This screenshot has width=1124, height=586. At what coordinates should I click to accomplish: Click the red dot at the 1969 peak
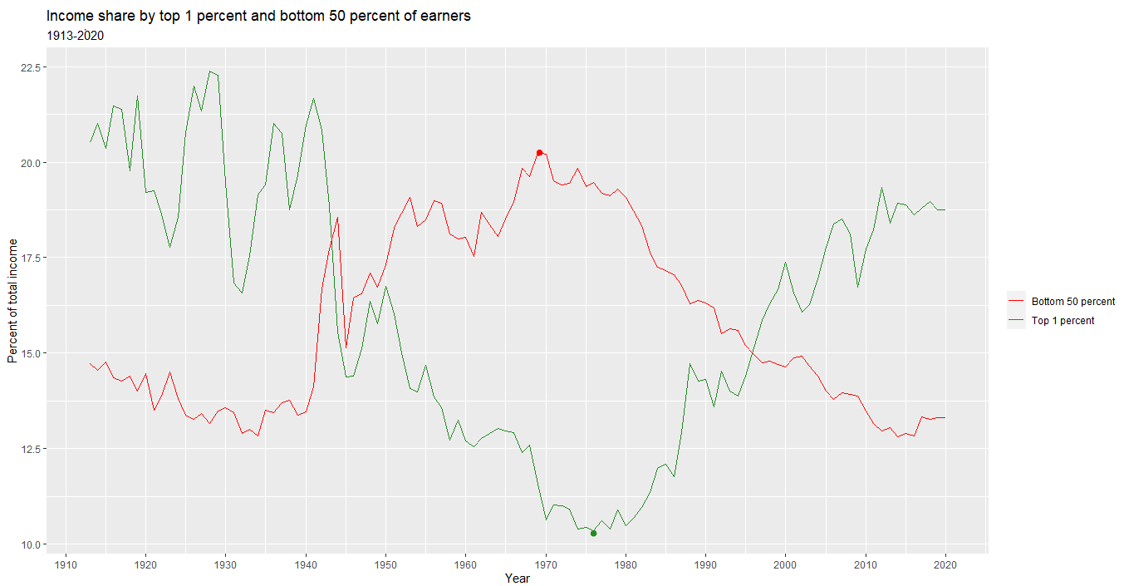(539, 153)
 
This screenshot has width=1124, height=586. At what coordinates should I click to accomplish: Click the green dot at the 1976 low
(594, 534)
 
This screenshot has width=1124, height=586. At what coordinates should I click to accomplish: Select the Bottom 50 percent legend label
(1072, 302)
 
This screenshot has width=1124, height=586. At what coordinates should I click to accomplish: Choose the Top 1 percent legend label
(1063, 321)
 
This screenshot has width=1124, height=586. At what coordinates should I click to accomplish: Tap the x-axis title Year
(517, 579)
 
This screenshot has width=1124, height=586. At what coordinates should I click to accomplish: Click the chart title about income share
(258, 17)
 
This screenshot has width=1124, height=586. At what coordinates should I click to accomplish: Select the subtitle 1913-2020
(75, 37)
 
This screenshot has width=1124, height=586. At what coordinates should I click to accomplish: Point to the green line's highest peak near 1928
(209, 71)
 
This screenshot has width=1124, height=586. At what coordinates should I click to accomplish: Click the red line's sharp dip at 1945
(346, 347)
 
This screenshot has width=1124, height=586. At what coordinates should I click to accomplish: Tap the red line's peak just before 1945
(337, 218)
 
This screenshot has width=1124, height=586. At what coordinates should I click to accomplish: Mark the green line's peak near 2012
(881, 188)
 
